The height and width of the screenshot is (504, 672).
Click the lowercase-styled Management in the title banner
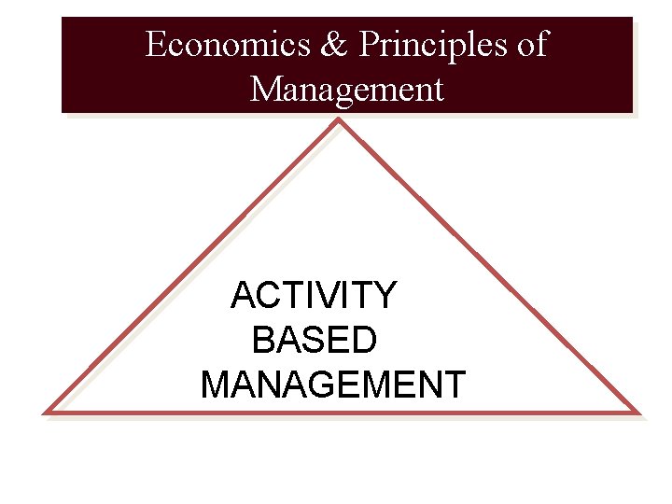[x=347, y=91]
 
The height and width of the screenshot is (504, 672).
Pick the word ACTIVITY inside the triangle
[x=314, y=296]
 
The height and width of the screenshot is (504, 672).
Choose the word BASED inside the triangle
[x=315, y=341]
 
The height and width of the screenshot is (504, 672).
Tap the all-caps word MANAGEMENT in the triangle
[x=332, y=385]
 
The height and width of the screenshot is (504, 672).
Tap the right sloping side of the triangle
[x=490, y=266]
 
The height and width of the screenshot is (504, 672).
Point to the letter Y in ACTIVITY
[x=385, y=296]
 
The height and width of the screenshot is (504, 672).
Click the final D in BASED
[x=365, y=341]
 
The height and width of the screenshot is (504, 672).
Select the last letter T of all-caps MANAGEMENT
[x=454, y=385]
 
